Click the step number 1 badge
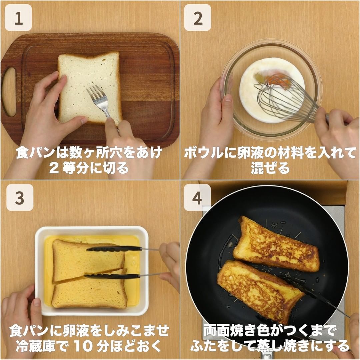click(x=18, y=18)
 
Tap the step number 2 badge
click(x=197, y=18)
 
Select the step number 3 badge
click(x=20, y=197)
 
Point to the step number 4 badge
click(x=197, y=197)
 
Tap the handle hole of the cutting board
click(x=9, y=92)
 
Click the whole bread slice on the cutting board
click(x=90, y=88)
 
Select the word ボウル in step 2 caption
click(x=203, y=153)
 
